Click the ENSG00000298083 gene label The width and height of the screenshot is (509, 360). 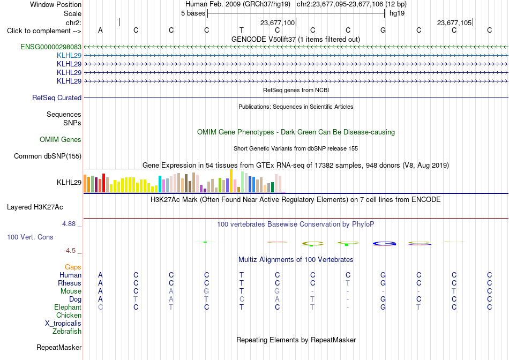(x=51, y=47)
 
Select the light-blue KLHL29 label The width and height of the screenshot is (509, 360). (x=69, y=56)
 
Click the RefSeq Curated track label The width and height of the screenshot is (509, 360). (x=57, y=97)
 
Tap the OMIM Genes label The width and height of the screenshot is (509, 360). (x=61, y=140)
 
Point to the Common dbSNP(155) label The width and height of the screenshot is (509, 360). (x=48, y=156)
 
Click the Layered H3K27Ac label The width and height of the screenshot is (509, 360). (x=35, y=207)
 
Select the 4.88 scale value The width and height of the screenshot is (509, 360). (x=69, y=224)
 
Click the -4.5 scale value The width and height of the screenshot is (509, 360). (x=70, y=251)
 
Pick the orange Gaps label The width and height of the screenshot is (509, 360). (x=73, y=267)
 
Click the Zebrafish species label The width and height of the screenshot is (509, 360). (x=67, y=332)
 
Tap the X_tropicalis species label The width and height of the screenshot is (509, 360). (x=63, y=324)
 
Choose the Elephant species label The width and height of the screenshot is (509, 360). (x=68, y=307)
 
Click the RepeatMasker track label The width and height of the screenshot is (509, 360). (x=59, y=347)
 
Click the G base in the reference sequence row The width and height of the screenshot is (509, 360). (x=383, y=30)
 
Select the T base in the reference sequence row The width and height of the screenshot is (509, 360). (x=242, y=30)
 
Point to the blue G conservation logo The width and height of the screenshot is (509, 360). (x=384, y=243)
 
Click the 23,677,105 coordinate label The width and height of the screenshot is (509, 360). (x=454, y=22)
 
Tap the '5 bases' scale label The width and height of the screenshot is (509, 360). (x=193, y=13)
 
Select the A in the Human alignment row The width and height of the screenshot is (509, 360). (x=100, y=275)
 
